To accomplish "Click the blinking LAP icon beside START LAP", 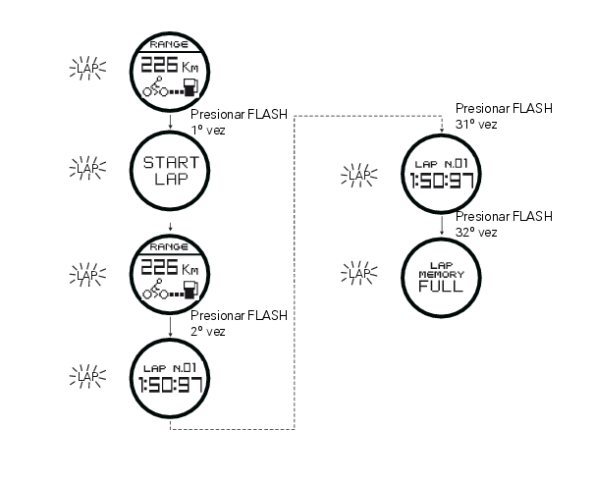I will point(89,168).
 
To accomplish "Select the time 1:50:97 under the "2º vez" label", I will point(171,383).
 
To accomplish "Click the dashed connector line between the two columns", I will point(295,275).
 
